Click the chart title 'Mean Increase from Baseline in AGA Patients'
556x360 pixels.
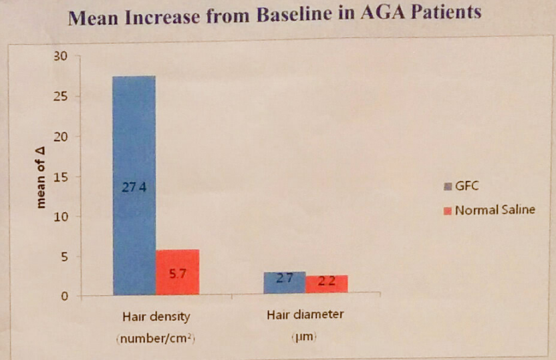tap(275, 16)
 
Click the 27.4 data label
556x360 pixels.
tap(134, 188)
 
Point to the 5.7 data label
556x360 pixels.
tap(177, 273)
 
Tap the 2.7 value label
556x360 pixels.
tap(285, 279)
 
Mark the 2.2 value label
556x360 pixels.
tap(327, 281)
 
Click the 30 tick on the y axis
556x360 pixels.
tap(61, 57)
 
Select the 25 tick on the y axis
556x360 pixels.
tap(61, 97)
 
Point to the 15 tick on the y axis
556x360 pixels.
tap(61, 177)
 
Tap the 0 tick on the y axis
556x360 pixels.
tap(64, 297)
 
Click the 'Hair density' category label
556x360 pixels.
tap(156, 316)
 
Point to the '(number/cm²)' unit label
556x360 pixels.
tap(156, 339)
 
